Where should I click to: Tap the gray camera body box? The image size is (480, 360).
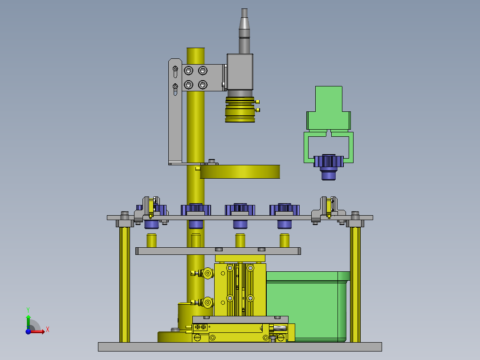pyautogui.click(x=240, y=72)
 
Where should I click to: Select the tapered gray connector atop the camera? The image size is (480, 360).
pyautogui.click(x=244, y=31)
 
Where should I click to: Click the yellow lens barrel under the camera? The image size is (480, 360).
pyautogui.click(x=240, y=110)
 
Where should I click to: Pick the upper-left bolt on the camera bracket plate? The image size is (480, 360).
pyautogui.click(x=188, y=71)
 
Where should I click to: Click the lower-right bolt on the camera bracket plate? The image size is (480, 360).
pyautogui.click(x=203, y=85)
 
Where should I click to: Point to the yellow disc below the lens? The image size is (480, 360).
pyautogui.click(x=240, y=172)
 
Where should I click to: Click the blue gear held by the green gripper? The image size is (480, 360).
pyautogui.click(x=329, y=167)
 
